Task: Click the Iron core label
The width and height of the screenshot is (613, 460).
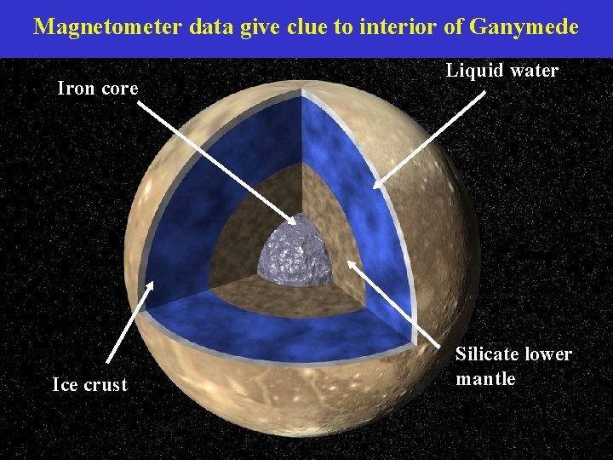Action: (x=97, y=88)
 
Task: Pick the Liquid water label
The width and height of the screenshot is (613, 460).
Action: (x=502, y=71)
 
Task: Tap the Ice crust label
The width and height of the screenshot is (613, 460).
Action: (x=89, y=385)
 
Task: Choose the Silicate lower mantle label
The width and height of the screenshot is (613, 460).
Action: (x=513, y=366)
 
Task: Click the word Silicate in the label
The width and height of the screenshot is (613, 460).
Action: (x=487, y=354)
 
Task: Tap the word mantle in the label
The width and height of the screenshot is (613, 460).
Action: (x=485, y=379)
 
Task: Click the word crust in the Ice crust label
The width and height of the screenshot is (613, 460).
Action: (x=106, y=385)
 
